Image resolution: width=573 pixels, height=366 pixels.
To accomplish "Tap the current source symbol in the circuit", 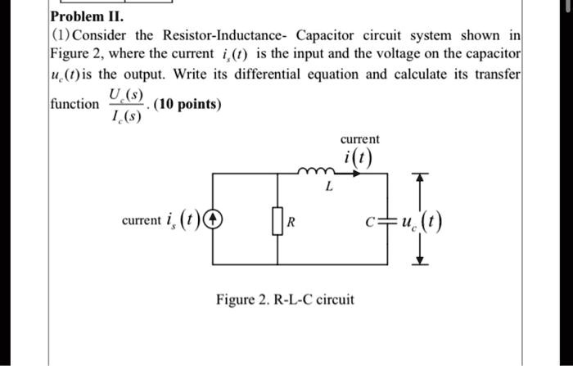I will [214, 219].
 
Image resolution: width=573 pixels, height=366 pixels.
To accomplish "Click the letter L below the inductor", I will [328, 188].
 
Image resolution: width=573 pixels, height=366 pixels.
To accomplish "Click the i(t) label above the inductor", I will [357, 158].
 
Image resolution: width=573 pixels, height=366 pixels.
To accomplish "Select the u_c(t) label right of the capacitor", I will [422, 219].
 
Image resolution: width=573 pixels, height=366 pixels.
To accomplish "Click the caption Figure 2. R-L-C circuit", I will [285, 300].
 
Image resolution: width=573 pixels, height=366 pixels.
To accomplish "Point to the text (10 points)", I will [187, 105].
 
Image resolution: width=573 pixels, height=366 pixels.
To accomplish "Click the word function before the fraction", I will [74, 105].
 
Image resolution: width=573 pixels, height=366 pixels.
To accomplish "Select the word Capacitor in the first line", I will [327, 38].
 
